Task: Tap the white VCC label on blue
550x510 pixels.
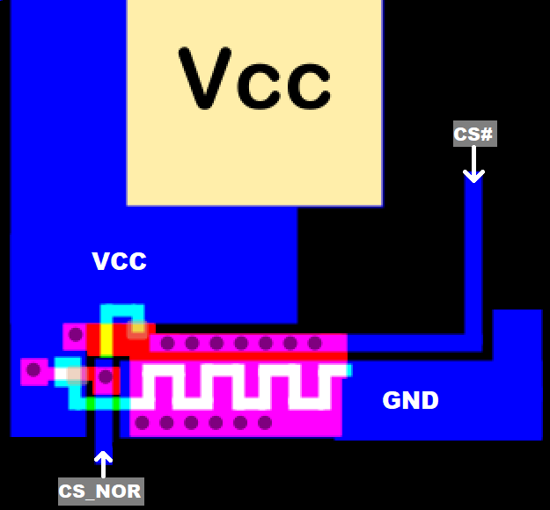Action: [x=119, y=261]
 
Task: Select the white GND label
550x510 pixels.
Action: [x=410, y=401]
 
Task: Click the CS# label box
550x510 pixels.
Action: [x=474, y=134]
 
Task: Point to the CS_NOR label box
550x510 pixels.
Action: [x=100, y=491]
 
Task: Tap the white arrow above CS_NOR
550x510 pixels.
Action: [x=103, y=464]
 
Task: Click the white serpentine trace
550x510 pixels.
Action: [x=238, y=387]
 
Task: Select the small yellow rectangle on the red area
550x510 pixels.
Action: [x=106, y=339]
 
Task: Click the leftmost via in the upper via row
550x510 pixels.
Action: [x=167, y=343]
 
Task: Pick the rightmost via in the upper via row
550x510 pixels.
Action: [x=314, y=343]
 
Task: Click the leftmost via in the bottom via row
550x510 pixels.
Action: [x=143, y=423]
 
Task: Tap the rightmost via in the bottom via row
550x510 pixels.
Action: [x=265, y=423]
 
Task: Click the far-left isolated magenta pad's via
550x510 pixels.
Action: [x=33, y=370]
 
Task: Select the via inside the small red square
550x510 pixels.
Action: [x=106, y=379]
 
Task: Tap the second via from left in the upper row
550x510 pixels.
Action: [x=192, y=343]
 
